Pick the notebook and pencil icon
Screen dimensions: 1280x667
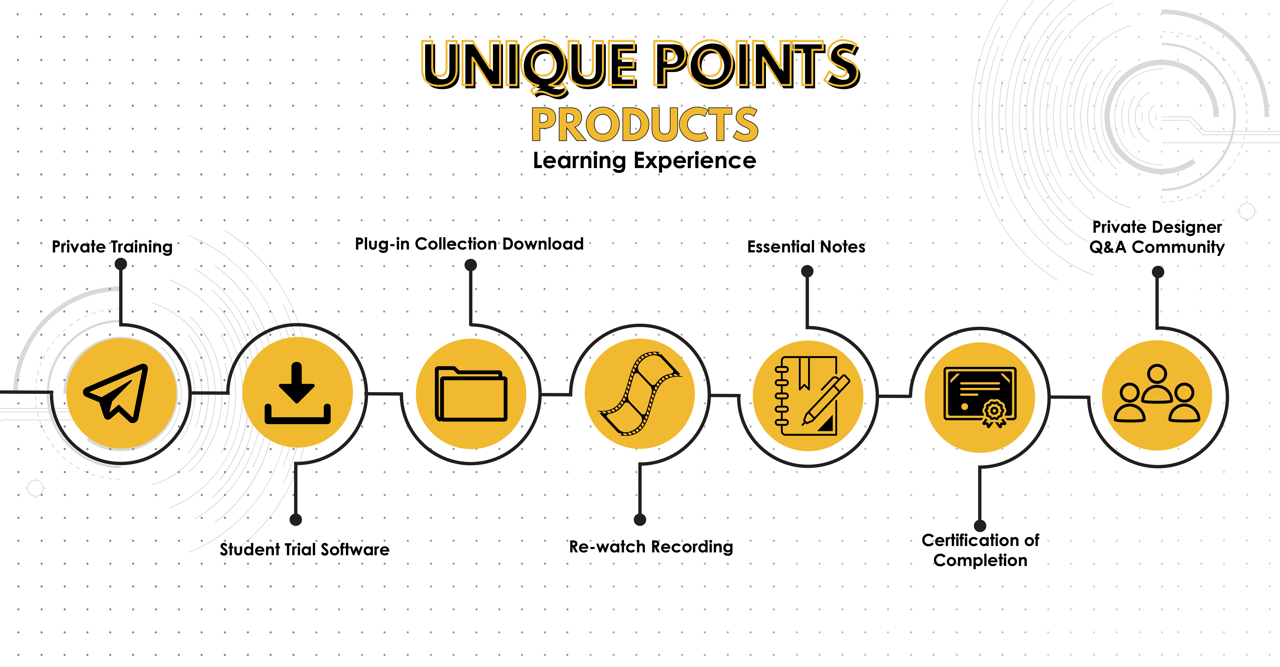(x=811, y=396)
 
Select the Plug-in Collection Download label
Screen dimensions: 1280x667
(x=469, y=244)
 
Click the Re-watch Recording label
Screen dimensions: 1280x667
(x=651, y=547)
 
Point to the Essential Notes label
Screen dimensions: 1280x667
(x=806, y=247)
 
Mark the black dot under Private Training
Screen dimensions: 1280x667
(x=121, y=264)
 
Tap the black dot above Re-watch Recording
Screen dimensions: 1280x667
(x=640, y=519)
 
